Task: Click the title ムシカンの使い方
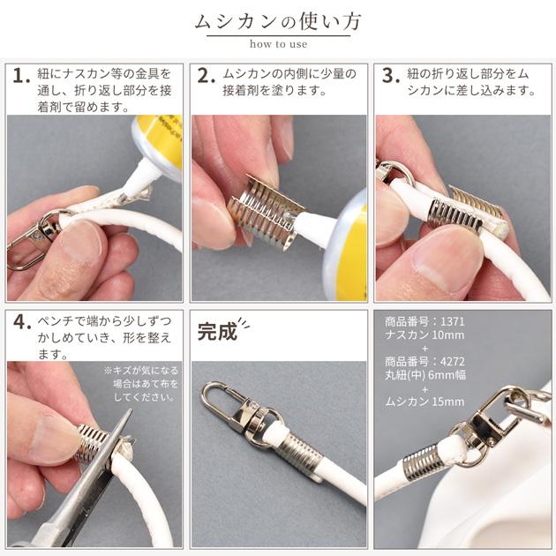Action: pos(278,21)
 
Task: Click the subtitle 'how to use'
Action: pos(278,44)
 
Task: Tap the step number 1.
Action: pos(21,76)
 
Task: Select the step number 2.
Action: pos(206,76)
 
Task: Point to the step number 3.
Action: pos(391,76)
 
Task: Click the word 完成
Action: pos(217,332)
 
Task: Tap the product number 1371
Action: pos(452,321)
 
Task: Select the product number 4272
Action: pos(452,362)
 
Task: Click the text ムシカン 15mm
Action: pos(425,402)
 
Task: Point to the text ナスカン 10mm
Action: pos(425,334)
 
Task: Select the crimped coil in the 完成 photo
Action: pos(300,456)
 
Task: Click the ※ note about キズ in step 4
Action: pos(142,384)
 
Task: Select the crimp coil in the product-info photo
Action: pos(421,462)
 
